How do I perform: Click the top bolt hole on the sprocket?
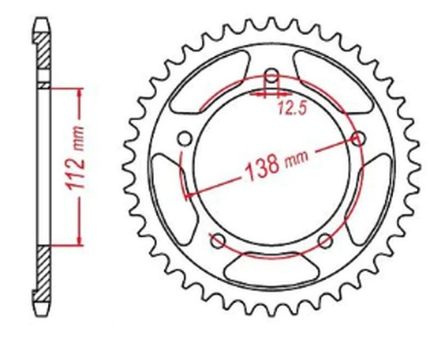[272, 76]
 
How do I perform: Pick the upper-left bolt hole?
[185, 138]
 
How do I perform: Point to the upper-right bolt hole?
[359, 138]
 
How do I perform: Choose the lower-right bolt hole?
[325, 241]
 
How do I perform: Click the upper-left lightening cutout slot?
[209, 82]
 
